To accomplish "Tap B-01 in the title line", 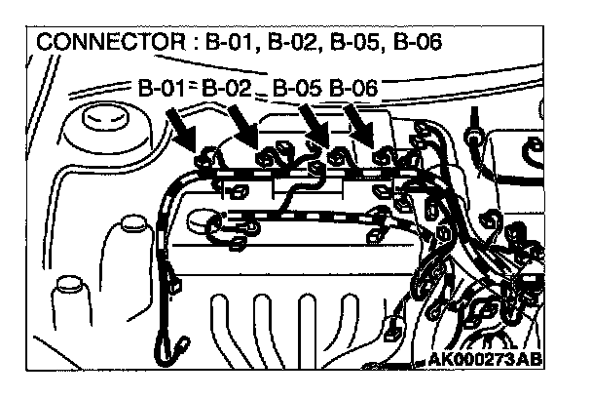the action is point(225,45).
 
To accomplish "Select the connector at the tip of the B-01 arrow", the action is point(206,158).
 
